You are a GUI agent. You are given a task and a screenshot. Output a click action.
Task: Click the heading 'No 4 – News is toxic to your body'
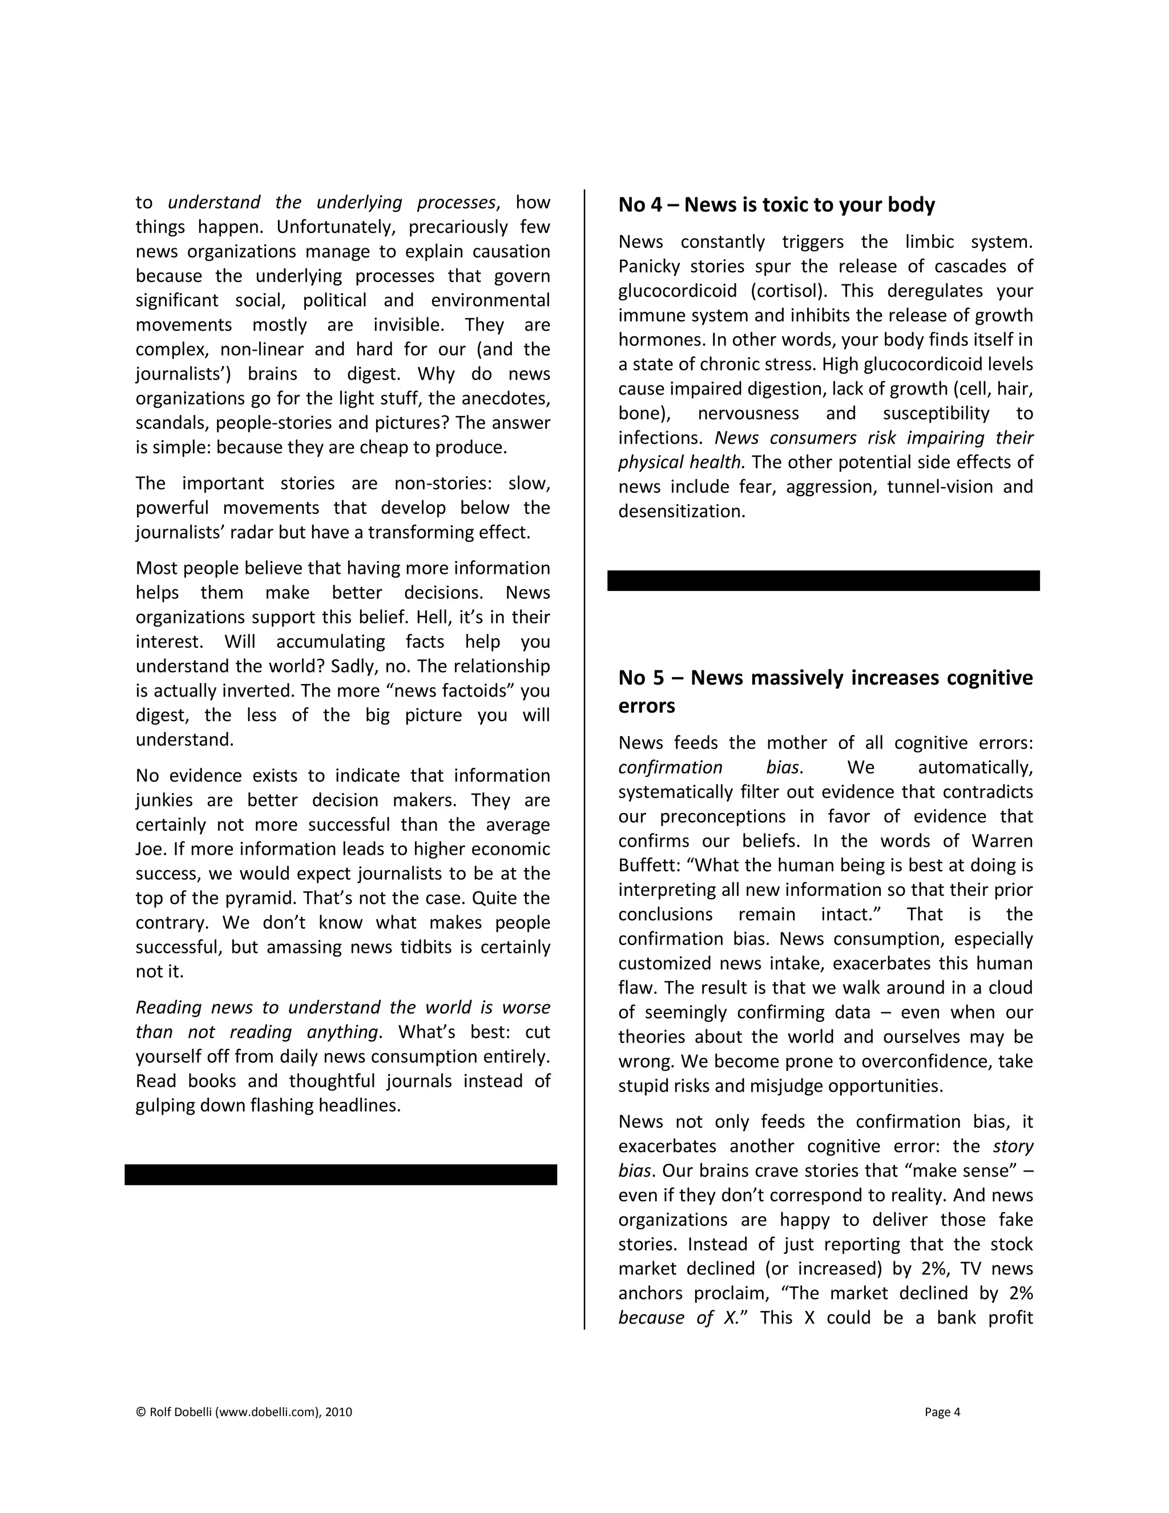(776, 205)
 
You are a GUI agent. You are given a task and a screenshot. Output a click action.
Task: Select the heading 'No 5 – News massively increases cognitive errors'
(825, 691)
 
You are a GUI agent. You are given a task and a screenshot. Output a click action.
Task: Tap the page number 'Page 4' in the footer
(942, 1412)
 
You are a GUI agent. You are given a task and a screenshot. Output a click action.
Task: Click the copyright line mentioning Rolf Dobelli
(244, 1412)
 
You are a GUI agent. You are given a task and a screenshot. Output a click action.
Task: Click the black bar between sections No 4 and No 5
(824, 581)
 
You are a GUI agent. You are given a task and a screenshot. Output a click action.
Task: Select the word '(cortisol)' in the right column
(789, 291)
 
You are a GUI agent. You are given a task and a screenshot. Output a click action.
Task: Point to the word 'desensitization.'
(682, 511)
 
